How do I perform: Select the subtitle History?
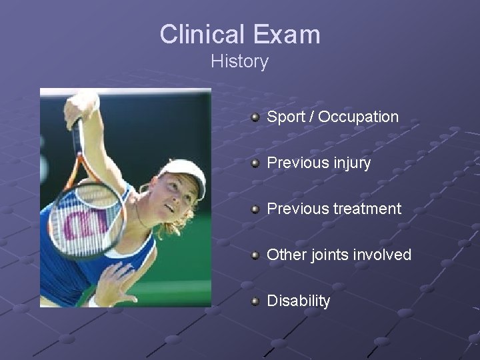click(239, 62)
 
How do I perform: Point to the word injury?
click(349, 163)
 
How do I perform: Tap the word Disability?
click(298, 301)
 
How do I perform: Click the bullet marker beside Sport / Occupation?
click(255, 117)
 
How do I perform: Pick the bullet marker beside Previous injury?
click(255, 163)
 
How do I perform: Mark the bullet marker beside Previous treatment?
click(255, 209)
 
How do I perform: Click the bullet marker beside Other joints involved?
click(255, 255)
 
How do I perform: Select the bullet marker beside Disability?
click(255, 301)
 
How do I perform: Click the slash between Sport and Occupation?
click(313, 117)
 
